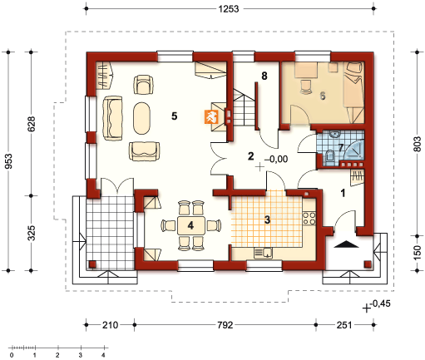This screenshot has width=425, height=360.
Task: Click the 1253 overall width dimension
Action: [229, 8]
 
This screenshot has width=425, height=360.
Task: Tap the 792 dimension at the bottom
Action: [225, 324]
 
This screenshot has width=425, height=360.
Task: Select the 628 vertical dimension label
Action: [32, 124]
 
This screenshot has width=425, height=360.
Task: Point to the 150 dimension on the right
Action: [418, 253]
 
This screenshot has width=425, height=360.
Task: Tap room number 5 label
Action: [174, 116]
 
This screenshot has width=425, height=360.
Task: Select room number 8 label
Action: [264, 76]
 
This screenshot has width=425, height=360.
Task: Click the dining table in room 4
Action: [191, 225]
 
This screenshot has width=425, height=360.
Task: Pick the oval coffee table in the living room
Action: [141, 118]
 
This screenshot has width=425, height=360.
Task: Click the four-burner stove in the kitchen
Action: [309, 218]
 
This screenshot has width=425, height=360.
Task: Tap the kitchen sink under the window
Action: [264, 253]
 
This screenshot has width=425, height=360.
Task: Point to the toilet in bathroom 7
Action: [330, 156]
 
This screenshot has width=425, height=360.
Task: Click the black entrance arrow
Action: [346, 244]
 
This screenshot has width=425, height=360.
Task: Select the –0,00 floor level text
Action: [276, 159]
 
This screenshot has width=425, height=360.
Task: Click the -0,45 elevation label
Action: [380, 303]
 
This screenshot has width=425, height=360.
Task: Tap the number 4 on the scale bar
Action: [103, 355]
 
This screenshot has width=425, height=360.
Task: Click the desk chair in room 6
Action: [306, 86]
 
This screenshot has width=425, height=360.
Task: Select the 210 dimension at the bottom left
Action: [111, 324]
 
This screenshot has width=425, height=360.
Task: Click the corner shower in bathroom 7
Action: [354, 150]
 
